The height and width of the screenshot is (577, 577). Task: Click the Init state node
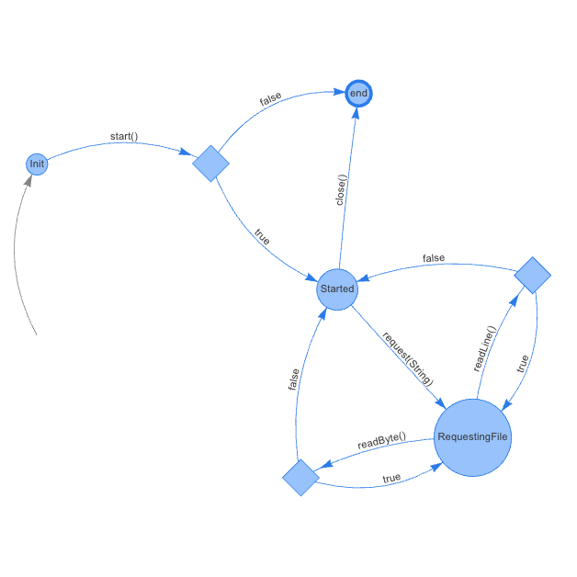pos(37,164)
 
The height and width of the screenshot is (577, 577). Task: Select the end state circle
pos(358,94)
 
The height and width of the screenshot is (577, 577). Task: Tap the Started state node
pos(337,289)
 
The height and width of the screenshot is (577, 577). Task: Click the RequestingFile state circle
pos(471,437)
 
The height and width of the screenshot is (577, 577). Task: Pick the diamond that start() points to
pos(211,164)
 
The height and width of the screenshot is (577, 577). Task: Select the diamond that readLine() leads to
pos(532,275)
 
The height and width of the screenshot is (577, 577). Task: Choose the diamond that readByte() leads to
pos(300,478)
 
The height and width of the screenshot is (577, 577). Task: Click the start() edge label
pos(124,137)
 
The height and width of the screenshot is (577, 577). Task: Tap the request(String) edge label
pos(407,357)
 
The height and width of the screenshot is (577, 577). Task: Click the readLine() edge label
pos(484,349)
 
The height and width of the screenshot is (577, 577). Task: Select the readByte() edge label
pos(381,440)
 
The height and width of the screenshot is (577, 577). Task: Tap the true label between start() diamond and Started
pos(262,236)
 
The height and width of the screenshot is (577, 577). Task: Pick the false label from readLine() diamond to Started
pos(434,258)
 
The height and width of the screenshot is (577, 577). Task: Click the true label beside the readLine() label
pos(523,364)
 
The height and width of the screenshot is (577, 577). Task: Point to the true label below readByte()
pos(391,478)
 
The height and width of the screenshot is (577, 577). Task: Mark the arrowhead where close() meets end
pos(356,112)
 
